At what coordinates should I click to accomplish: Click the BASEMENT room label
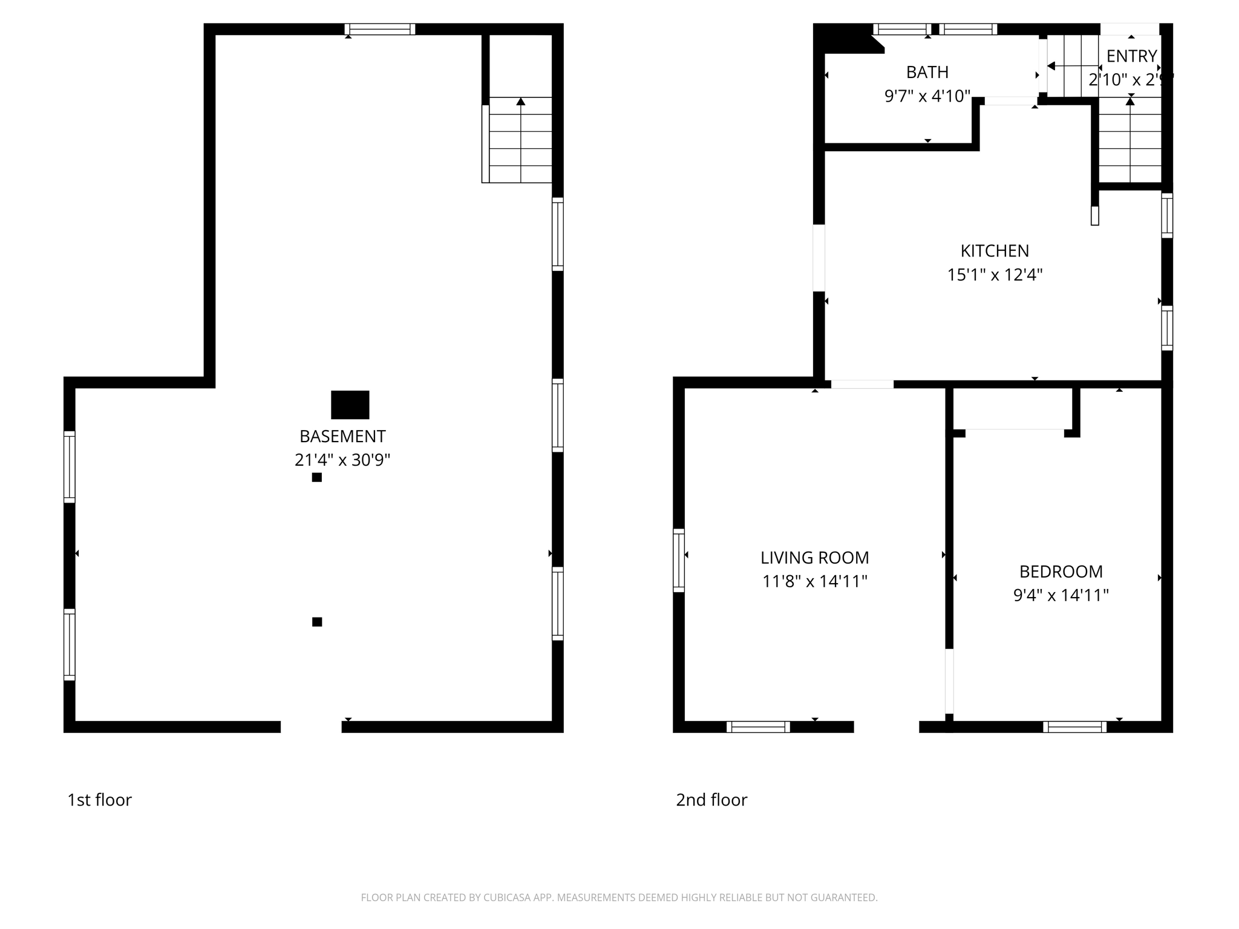342,436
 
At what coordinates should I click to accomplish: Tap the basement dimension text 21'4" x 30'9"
342,460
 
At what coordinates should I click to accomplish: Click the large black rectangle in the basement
350,405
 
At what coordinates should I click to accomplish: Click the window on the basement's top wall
380,29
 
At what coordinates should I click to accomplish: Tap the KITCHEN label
995,250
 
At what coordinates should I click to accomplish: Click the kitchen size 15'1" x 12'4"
995,275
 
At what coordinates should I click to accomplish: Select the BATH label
927,72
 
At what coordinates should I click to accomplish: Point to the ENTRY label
1131,56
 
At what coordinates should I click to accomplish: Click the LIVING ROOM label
814,558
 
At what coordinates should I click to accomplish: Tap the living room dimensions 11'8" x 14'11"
814,582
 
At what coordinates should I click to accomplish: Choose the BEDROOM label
1061,572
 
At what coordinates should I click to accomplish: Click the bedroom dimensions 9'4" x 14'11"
1061,596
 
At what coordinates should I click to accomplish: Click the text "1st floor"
99,800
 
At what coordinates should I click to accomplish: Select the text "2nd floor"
711,800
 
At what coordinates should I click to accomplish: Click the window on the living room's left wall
679,560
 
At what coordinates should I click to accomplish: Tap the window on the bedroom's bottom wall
1074,727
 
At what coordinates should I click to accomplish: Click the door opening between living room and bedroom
949,681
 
